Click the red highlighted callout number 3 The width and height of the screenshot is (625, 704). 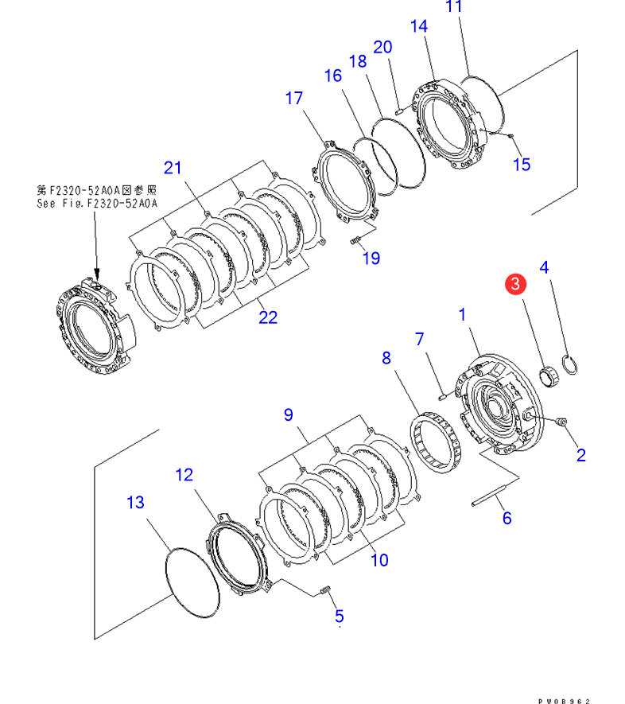click(515, 283)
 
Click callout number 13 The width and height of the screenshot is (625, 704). click(135, 503)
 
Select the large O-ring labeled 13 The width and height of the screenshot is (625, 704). click(191, 582)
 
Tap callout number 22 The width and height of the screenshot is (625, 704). click(268, 317)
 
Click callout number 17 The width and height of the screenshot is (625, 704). click(294, 99)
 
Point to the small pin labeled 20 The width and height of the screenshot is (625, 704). click(398, 111)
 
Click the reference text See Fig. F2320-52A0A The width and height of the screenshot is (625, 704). click(97, 203)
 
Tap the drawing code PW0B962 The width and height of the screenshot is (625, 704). click(564, 700)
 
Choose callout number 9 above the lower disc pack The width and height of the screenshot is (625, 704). click(288, 414)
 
